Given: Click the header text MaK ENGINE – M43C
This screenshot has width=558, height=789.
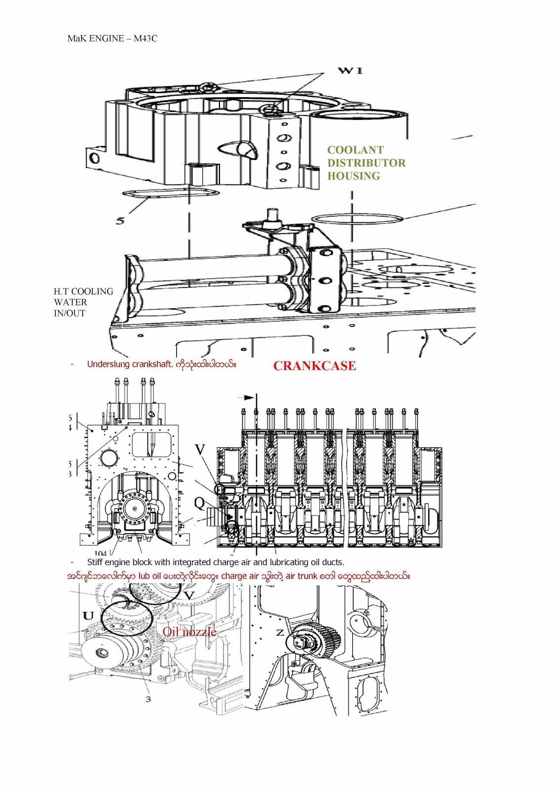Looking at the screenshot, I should click(112, 38).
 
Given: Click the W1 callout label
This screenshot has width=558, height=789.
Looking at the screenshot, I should click(350, 71).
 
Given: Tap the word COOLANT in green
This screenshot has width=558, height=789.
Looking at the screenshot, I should click(355, 150).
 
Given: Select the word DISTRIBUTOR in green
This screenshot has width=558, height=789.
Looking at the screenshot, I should click(367, 163).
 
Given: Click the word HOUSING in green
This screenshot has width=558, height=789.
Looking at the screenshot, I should click(354, 176).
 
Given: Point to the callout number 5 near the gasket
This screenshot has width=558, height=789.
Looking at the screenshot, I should click(120, 220).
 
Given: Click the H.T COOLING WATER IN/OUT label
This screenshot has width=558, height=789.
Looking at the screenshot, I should click(83, 302).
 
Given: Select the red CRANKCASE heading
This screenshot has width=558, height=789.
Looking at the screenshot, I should click(314, 366).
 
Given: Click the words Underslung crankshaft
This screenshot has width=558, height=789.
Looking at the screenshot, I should click(130, 364).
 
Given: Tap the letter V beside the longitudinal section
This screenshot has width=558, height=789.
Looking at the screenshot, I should click(200, 450).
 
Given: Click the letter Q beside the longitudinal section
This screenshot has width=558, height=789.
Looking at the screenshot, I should click(199, 502).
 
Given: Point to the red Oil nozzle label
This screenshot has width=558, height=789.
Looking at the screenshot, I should click(189, 632).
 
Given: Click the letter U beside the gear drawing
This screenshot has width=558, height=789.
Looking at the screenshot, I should click(88, 615).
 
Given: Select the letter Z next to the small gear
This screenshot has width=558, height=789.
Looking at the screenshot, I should click(280, 632).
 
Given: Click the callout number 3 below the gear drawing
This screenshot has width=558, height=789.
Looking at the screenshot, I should click(148, 699).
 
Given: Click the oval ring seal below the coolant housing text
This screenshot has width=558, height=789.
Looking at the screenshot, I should click(357, 218).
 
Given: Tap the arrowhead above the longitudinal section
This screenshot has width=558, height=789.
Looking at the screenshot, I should click(251, 397).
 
